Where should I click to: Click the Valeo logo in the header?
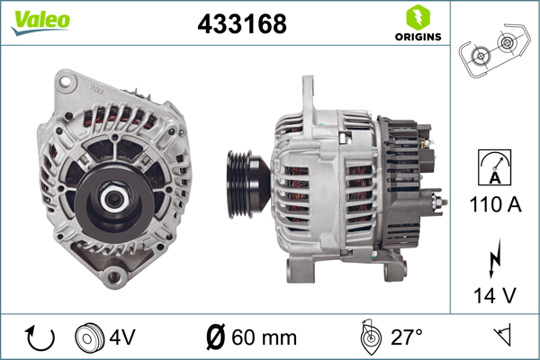coord(40,22)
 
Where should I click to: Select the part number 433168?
coord(242,24)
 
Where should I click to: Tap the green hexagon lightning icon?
coord(418,17)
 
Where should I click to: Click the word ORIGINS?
coord(418,37)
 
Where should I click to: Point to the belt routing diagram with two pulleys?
coord(494,50)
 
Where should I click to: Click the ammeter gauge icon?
coord(494,167)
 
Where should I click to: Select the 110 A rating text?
coord(495,204)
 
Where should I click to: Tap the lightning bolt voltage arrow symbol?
coord(495,257)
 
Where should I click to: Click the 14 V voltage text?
coord(495,295)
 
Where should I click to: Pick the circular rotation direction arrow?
coord(40,338)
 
